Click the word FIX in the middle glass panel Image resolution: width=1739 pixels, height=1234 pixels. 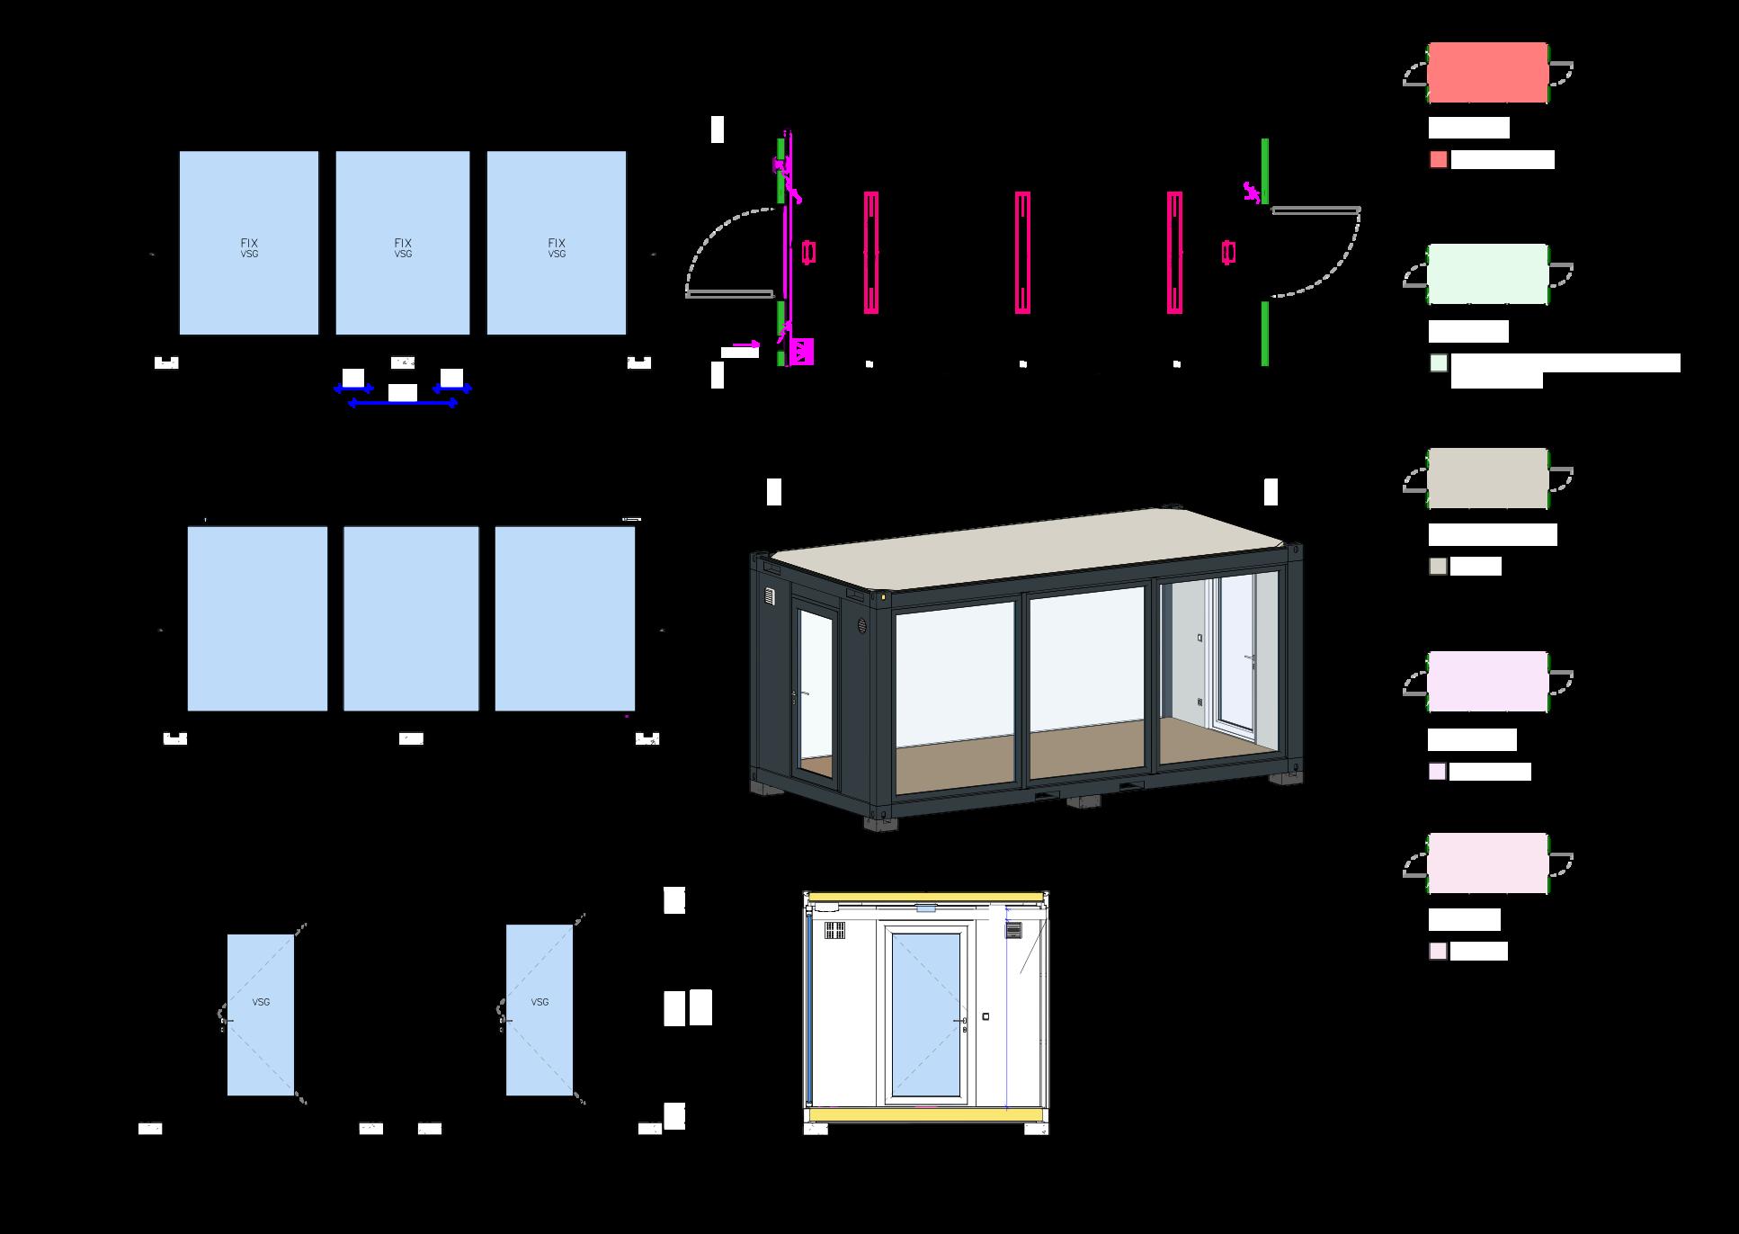403,243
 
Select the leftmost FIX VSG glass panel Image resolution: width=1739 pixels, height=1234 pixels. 249,243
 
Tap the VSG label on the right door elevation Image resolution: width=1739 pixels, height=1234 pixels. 540,1002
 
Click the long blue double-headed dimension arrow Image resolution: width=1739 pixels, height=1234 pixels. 403,404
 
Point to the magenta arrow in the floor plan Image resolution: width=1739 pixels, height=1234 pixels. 745,344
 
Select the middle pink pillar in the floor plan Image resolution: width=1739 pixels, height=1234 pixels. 1022,253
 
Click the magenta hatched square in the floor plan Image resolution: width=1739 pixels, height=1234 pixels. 801,351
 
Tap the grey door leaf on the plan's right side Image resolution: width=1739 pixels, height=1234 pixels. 1315,210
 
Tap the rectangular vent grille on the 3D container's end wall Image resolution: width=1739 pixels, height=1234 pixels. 770,595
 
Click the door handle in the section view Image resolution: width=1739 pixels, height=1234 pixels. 962,1022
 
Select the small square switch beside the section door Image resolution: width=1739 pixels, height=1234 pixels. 986,1017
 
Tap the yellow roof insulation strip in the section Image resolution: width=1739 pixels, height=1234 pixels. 926,897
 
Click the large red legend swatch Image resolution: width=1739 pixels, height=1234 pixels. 1488,73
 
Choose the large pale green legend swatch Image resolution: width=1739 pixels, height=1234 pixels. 1488,274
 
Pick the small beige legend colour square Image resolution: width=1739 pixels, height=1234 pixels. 1439,567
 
